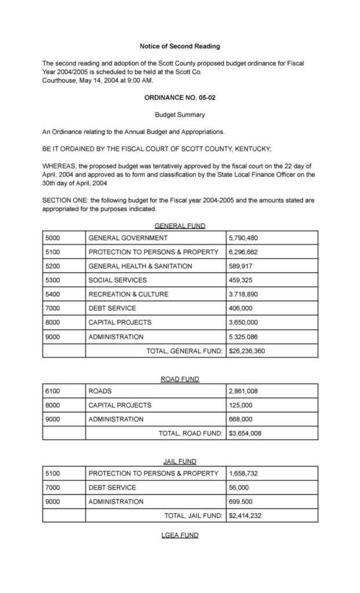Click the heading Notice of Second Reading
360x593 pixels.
[x=179, y=46]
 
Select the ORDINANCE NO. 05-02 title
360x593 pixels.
[x=179, y=98]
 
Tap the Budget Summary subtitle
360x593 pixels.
[x=179, y=115]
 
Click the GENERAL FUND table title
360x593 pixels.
[x=179, y=226]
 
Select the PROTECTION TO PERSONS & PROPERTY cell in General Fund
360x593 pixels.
[x=153, y=252]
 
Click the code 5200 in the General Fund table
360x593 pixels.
[x=53, y=266]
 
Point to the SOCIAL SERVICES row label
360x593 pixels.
[x=117, y=280]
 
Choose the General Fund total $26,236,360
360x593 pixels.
[x=247, y=350]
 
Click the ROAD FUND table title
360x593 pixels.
[x=179, y=379]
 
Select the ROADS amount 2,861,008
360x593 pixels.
[x=244, y=391]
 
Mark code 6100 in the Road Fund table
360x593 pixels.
[x=53, y=391]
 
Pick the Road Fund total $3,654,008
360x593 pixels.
[x=245, y=433]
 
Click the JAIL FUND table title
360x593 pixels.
[x=179, y=462]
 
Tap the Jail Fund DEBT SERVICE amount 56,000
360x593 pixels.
[x=239, y=488]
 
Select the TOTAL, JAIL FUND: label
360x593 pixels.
[x=193, y=515]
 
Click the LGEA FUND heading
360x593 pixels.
[x=179, y=535]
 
